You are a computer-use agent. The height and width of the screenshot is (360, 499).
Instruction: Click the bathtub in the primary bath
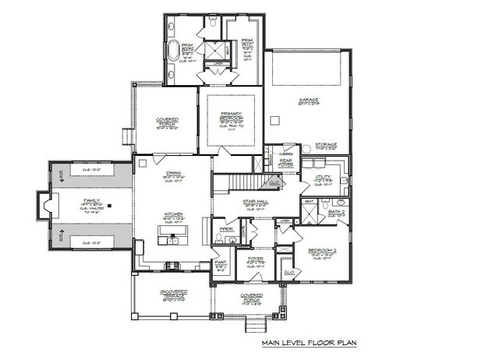coord(174,53)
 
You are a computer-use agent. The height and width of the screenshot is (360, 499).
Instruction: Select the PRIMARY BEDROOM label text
coord(232,116)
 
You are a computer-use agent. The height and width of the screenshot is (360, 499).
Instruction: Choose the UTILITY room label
coord(323,177)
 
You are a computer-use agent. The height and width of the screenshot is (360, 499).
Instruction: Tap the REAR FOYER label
coord(285,161)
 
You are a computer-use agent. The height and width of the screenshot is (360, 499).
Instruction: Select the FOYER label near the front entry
coord(254,258)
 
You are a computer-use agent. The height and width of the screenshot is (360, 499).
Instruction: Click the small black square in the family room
coord(110,205)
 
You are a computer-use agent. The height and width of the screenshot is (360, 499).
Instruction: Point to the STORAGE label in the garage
coord(325,144)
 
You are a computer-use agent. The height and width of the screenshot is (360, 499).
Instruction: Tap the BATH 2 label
coord(336,210)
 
